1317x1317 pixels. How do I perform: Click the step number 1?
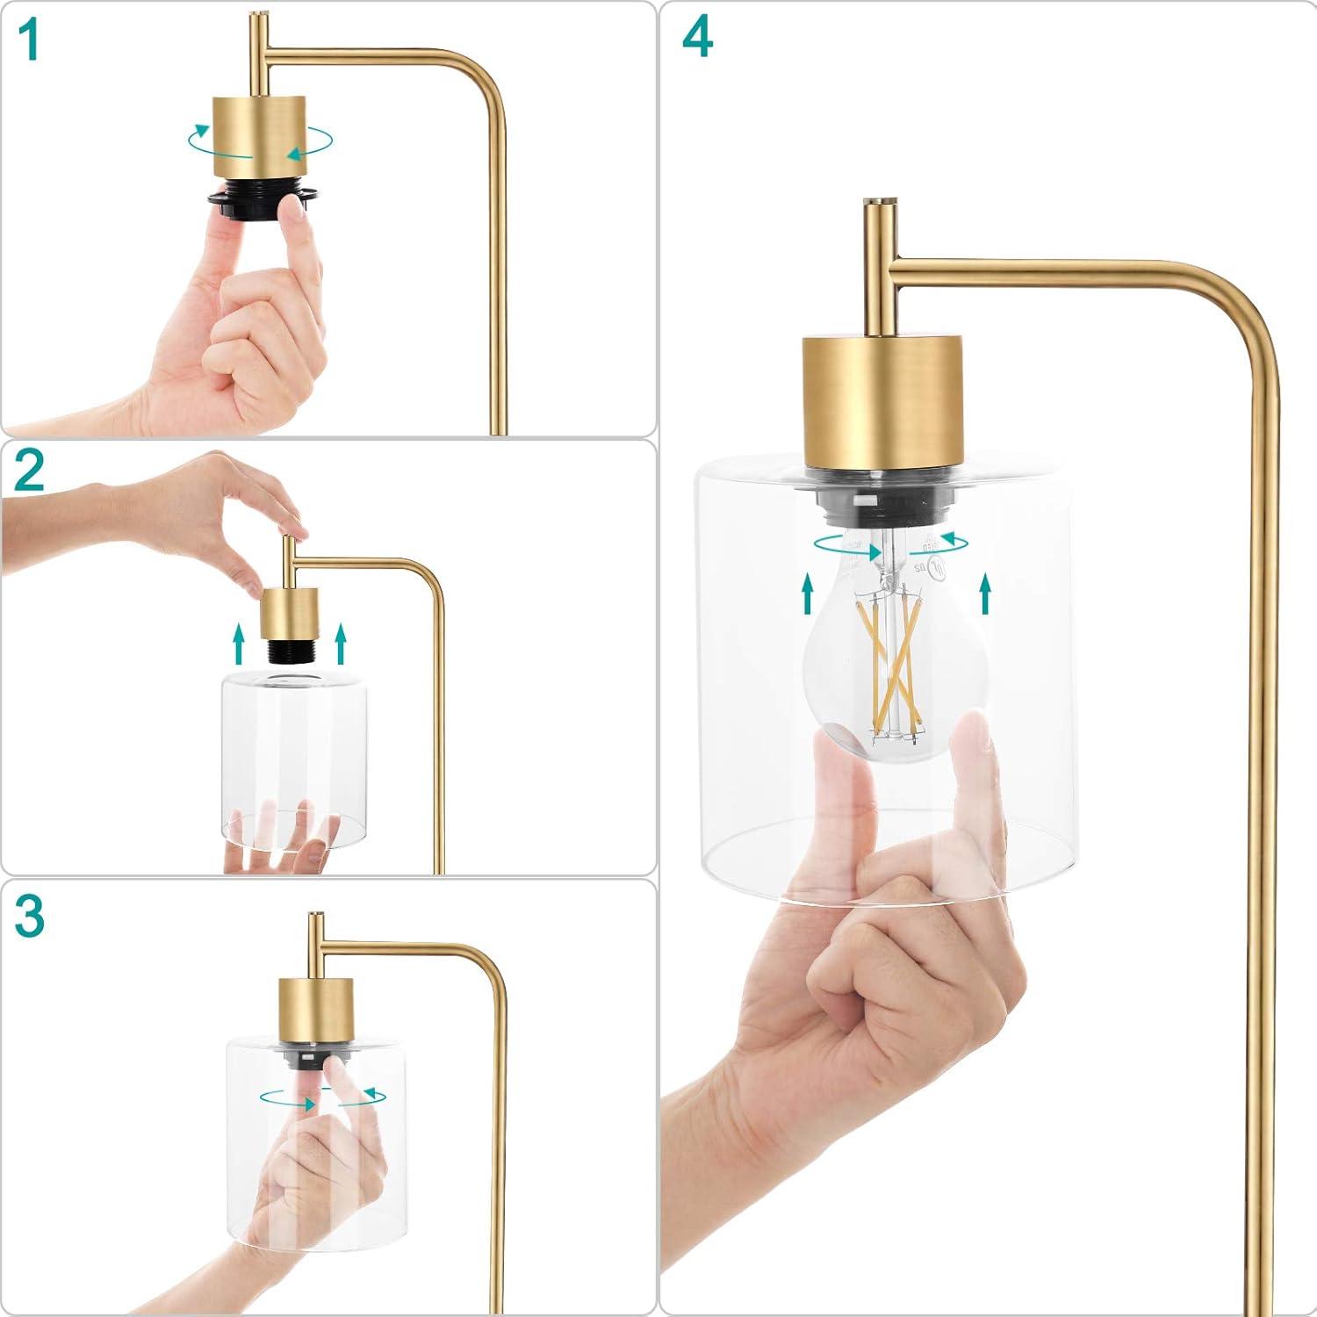(30, 40)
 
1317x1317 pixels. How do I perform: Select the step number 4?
(698, 39)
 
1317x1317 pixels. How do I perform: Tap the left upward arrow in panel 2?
(237, 644)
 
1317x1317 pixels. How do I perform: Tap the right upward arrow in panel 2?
(341, 644)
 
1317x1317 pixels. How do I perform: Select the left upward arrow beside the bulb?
(807, 594)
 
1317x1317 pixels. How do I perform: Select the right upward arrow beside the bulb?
(985, 594)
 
